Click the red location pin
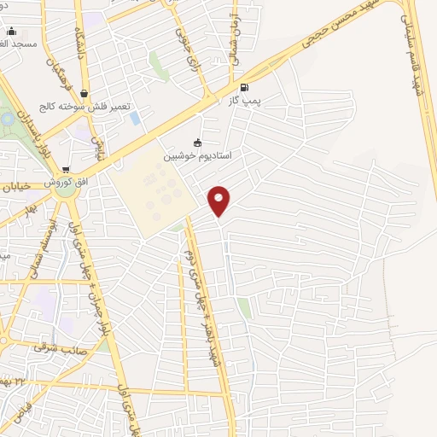pyautogui.click(x=219, y=200)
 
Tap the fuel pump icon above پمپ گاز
pyautogui.click(x=246, y=87)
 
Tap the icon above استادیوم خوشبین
pyautogui.click(x=198, y=143)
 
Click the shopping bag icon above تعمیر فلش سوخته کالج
pyautogui.click(x=84, y=94)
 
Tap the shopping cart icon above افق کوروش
pyautogui.click(x=66, y=170)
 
